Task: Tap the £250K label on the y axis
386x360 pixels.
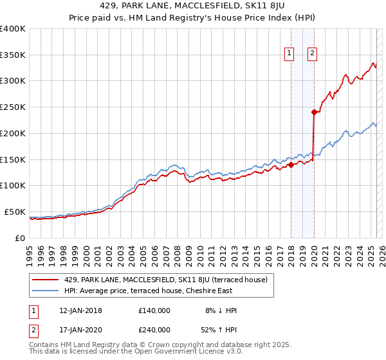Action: point(13,107)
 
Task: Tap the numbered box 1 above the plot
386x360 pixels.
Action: point(290,54)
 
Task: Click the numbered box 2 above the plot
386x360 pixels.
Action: point(312,54)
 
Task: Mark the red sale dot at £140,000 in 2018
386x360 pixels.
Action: point(291,165)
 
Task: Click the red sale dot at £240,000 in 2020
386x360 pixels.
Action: point(314,112)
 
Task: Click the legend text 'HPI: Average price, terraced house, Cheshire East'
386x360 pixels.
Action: point(155,290)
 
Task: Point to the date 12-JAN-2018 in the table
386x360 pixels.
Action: point(80,310)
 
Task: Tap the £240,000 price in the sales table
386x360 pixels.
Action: point(154,330)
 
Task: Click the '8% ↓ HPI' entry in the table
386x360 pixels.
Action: point(221,310)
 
